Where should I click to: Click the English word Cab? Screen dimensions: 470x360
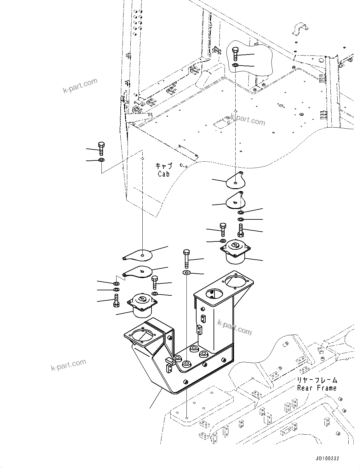[x=163, y=174]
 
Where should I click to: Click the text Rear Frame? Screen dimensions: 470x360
[x=317, y=388]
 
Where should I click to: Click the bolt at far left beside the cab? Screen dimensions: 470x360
[x=101, y=148]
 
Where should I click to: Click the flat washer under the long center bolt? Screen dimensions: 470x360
[x=186, y=272]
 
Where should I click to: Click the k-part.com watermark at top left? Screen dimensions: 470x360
[x=80, y=86]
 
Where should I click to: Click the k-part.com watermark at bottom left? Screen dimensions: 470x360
[x=68, y=365]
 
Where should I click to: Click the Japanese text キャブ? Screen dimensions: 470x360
[x=163, y=166]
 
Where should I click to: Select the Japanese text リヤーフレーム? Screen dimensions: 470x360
[x=317, y=380]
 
